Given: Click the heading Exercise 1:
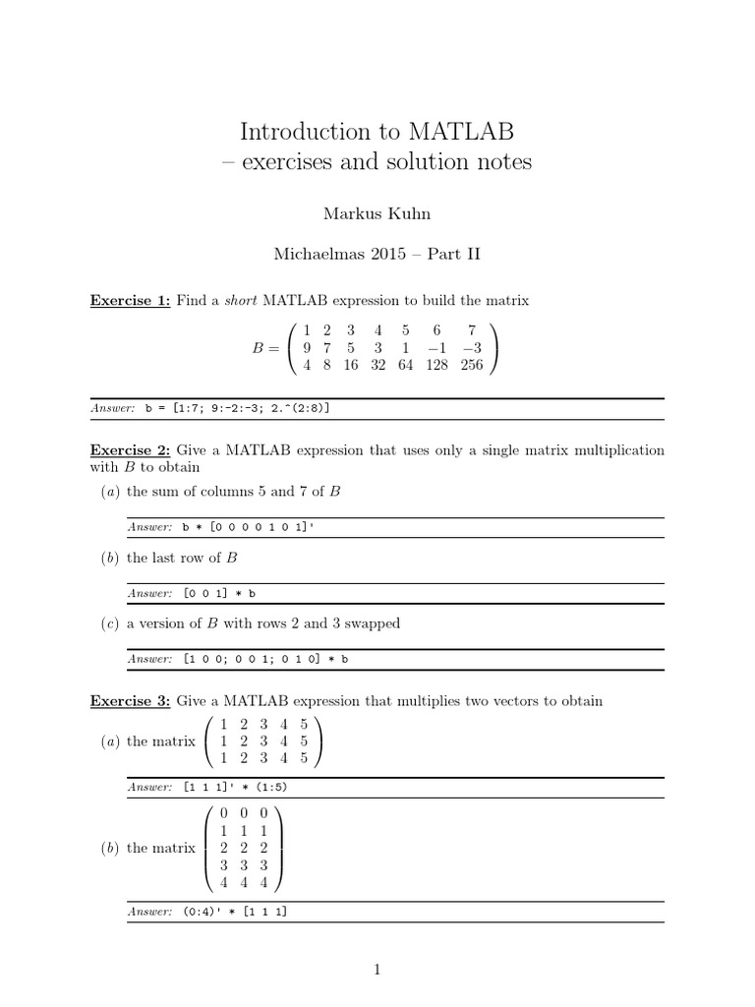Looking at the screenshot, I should coord(131,301).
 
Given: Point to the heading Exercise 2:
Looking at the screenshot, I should coord(131,450).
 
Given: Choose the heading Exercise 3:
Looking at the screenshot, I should coord(131,701).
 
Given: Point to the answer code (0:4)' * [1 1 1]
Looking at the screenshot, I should coord(234,912).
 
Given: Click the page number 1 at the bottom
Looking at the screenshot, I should coord(377,970).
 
